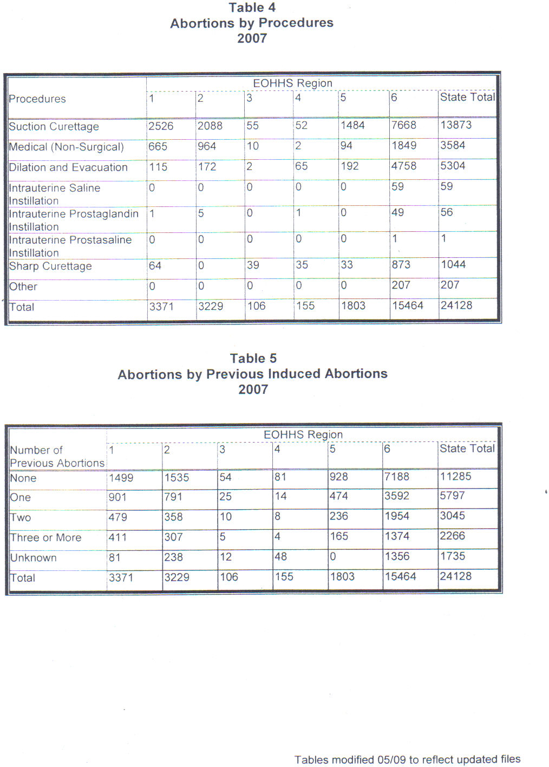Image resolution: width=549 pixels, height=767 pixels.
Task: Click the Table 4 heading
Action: [x=252, y=8]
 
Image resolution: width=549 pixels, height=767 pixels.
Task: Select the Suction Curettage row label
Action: [x=54, y=127]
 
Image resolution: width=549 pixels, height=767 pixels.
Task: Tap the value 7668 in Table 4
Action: [x=403, y=126]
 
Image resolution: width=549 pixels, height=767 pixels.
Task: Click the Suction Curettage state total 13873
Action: [x=456, y=125]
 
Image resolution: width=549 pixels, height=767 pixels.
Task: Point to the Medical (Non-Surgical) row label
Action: [x=66, y=147]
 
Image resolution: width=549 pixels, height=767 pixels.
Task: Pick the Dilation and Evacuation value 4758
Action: [x=403, y=166]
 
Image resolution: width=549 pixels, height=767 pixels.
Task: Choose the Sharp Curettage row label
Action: [x=50, y=266]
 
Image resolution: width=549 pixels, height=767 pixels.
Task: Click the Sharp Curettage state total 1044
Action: [x=453, y=264]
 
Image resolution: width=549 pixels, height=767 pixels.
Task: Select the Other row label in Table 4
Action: [x=23, y=287]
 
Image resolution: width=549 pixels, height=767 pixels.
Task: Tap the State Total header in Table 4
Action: [x=467, y=97]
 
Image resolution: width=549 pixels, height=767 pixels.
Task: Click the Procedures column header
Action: [x=37, y=99]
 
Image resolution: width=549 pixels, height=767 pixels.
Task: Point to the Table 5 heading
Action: [x=253, y=359]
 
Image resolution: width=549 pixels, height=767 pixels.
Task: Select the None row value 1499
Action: [x=121, y=478]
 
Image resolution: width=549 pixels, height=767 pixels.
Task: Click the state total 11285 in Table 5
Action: [x=455, y=477]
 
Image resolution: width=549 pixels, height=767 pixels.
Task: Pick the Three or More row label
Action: [x=45, y=537]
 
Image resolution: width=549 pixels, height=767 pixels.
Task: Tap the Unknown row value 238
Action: [x=173, y=557]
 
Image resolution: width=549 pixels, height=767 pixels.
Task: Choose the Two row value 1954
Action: [x=397, y=516]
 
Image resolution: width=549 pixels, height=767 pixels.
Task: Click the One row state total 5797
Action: [x=452, y=496]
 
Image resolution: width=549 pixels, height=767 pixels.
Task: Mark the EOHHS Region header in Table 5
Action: [x=303, y=434]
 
